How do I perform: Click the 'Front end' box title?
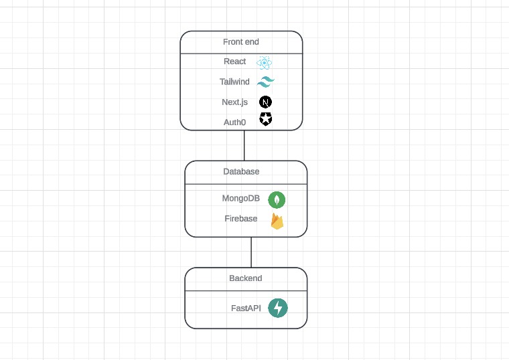click(x=241, y=41)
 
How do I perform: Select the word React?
click(x=234, y=62)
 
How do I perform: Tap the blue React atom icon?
click(x=265, y=62)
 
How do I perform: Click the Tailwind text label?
click(x=234, y=82)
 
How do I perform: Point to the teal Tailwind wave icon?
click(x=266, y=82)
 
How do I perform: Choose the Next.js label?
click(x=234, y=102)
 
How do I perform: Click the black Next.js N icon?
click(x=266, y=102)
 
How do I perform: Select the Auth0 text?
click(x=234, y=122)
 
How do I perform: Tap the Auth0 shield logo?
click(x=266, y=119)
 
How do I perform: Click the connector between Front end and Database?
click(x=244, y=145)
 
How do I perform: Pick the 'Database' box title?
click(x=241, y=171)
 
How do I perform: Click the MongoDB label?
click(x=240, y=199)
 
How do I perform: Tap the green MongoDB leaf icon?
click(x=277, y=199)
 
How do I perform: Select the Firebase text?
click(x=241, y=219)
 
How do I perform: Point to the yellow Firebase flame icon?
click(x=277, y=221)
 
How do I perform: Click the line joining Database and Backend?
click(x=251, y=252)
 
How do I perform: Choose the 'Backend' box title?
click(x=246, y=278)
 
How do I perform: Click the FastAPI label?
click(x=246, y=308)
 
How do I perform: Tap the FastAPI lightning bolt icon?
click(x=278, y=308)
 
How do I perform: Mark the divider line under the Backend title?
click(x=246, y=291)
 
